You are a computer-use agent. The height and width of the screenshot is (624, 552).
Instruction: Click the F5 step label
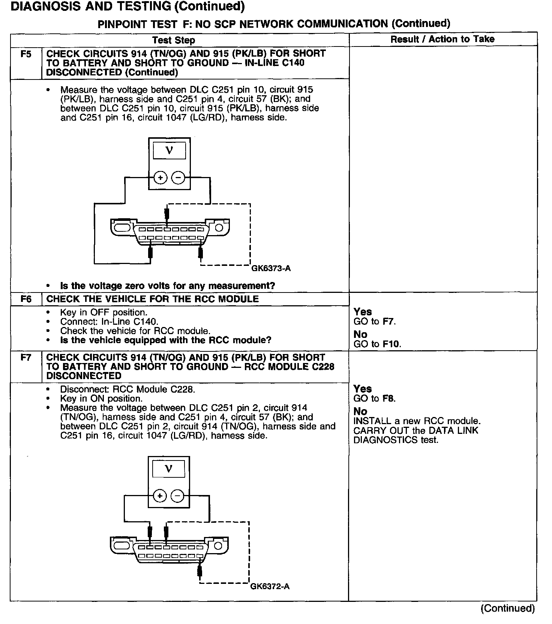tap(25, 54)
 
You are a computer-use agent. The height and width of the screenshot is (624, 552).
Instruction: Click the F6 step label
tap(25, 299)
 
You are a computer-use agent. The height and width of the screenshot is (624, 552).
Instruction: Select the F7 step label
tap(25, 358)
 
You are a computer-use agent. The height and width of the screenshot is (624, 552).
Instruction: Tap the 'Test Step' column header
tap(174, 40)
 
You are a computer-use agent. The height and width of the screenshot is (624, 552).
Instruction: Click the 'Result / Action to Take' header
tap(442, 39)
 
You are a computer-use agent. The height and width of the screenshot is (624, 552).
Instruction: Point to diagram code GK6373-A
tap(271, 268)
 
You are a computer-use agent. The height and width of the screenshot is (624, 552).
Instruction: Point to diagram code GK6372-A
tap(270, 586)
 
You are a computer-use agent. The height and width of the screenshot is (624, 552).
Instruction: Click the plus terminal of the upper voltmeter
tap(160, 178)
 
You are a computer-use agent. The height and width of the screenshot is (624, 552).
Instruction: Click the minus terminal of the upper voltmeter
tap(178, 178)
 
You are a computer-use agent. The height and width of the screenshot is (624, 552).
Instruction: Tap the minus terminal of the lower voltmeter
tap(177, 496)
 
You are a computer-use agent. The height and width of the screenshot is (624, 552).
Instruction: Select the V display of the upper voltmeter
tap(169, 151)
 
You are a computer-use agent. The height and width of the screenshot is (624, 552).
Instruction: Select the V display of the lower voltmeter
tap(169, 469)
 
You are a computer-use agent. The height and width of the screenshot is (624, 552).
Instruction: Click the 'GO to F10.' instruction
tap(377, 344)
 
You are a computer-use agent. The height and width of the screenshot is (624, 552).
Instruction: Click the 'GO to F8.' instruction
tap(375, 399)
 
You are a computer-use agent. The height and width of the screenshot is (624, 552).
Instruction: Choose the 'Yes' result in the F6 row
tap(363, 312)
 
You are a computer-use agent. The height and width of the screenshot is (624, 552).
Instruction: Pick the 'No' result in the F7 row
tap(360, 411)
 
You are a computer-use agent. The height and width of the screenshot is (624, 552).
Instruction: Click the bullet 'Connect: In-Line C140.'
tap(109, 322)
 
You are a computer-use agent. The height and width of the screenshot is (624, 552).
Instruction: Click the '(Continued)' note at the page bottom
tap(507, 608)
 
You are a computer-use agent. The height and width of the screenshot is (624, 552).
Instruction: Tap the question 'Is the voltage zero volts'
tap(168, 286)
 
